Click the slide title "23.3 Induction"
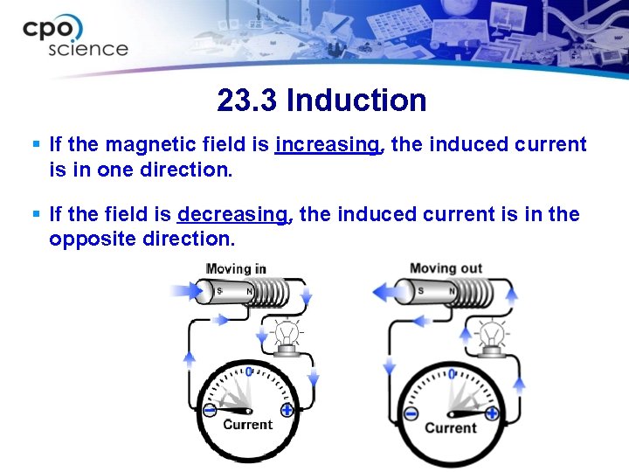321,101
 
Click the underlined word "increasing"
328,144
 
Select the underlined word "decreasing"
232,214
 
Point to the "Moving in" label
236,269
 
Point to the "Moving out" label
445,268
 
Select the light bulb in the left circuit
287,336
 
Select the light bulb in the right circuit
492,336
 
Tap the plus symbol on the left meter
287,409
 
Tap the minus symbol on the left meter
210,410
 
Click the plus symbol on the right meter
492,413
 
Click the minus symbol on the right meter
411,413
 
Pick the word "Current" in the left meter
248,425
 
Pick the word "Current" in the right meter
451,427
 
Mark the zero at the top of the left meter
248,372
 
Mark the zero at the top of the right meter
451,374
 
